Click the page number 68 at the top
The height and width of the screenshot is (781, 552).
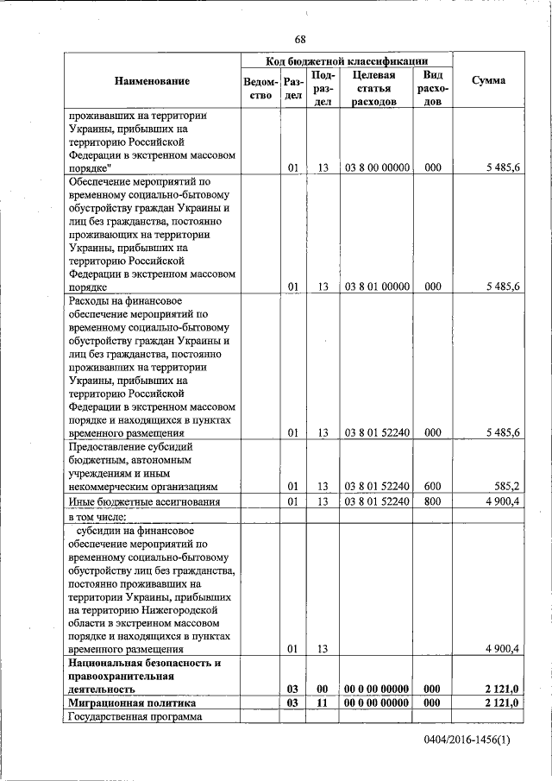click(299, 40)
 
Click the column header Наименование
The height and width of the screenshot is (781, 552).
click(151, 81)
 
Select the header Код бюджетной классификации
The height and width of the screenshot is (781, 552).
click(346, 61)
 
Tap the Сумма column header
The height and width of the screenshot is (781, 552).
click(489, 81)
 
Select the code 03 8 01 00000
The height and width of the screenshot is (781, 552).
click(377, 287)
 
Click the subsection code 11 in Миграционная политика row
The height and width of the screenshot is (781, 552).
click(323, 704)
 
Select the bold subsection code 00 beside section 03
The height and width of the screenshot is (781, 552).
click(323, 689)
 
